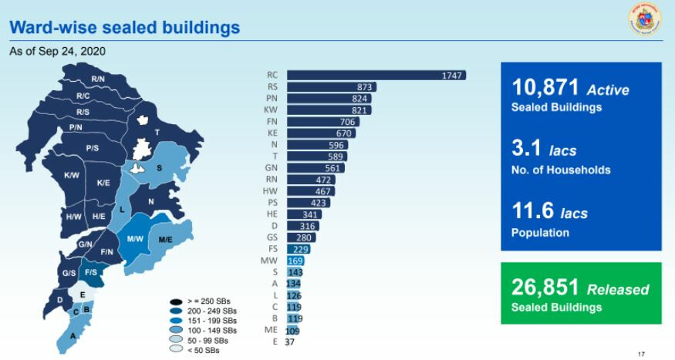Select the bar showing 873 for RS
tap(331, 87)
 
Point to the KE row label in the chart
tap(272, 133)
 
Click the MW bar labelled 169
tap(295, 261)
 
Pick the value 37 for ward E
tap(290, 342)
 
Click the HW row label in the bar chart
tap(271, 191)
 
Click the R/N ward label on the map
tap(98, 79)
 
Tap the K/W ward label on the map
tap(72, 176)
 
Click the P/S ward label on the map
tap(92, 148)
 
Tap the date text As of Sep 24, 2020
tap(57, 52)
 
